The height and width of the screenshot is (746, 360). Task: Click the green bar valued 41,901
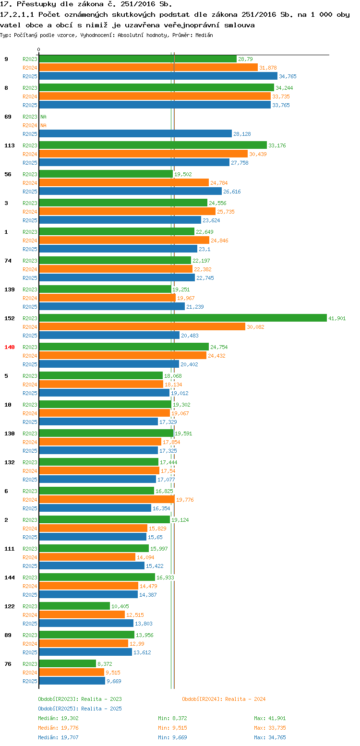182,318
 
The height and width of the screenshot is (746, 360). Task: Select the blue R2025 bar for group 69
135,133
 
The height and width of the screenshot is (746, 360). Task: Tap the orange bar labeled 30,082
142,326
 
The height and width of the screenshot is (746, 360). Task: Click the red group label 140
10,347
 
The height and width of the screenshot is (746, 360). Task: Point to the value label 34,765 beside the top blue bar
288,76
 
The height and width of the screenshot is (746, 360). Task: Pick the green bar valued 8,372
67,663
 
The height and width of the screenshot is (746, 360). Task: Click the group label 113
10,145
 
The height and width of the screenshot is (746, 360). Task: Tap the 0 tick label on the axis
39,49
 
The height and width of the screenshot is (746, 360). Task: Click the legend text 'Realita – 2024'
245,699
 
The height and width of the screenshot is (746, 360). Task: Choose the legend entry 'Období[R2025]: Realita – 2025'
80,709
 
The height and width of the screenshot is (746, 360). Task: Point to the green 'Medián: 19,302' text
58,718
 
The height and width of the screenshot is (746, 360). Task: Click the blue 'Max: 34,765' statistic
270,737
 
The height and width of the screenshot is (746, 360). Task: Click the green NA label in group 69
43,117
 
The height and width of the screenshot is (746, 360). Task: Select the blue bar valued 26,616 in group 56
130,191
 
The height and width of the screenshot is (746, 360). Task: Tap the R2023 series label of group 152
30,318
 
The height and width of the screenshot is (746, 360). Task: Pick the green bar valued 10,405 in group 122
74,606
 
